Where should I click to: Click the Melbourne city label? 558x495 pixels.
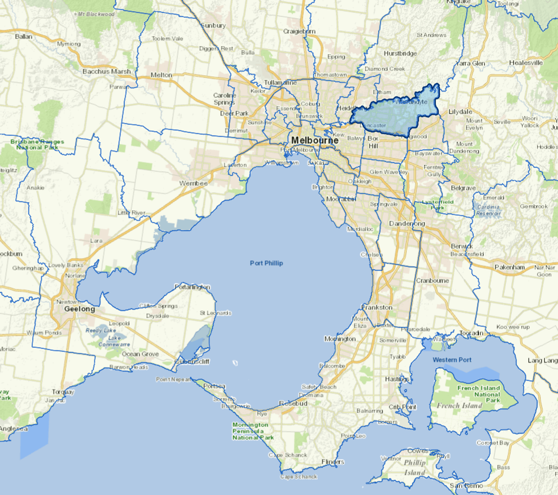point(315,140)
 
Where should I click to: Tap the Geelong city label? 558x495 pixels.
point(79,309)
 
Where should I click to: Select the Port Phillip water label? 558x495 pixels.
point(266,263)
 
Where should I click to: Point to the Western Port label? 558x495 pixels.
point(452,360)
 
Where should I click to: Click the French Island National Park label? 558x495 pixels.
point(479,394)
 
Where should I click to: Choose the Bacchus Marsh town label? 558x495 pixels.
point(107,72)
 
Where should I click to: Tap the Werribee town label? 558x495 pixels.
point(193,183)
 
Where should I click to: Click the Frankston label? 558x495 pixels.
point(377,307)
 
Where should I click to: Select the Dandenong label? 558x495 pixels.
point(407,223)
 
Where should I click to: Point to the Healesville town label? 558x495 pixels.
point(526,63)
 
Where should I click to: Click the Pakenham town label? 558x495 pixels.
point(510,267)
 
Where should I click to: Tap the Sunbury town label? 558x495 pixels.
point(213,26)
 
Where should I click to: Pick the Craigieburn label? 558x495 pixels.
point(299,31)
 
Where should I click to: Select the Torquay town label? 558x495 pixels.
point(62,392)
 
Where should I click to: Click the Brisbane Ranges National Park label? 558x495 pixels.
point(37,144)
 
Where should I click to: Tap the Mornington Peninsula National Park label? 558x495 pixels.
point(253,431)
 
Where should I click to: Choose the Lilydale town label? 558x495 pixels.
point(460,112)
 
